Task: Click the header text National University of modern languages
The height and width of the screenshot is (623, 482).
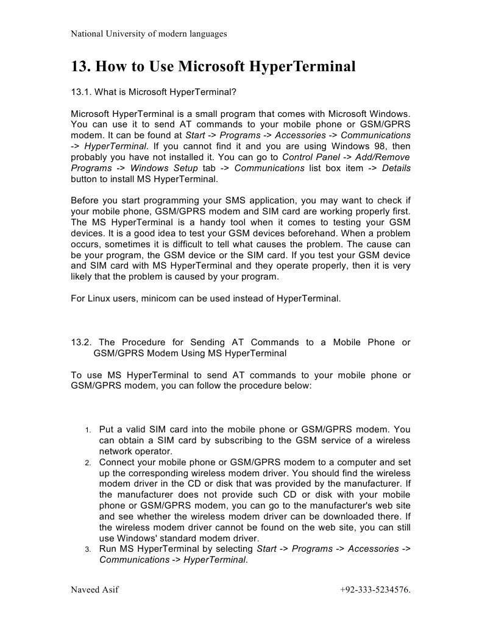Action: click(x=149, y=34)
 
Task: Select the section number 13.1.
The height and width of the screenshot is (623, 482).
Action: click(x=82, y=92)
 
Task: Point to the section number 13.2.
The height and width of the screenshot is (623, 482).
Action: click(x=82, y=342)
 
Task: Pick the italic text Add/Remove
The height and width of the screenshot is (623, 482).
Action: click(x=386, y=157)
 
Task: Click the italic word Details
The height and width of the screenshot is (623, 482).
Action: click(x=396, y=168)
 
